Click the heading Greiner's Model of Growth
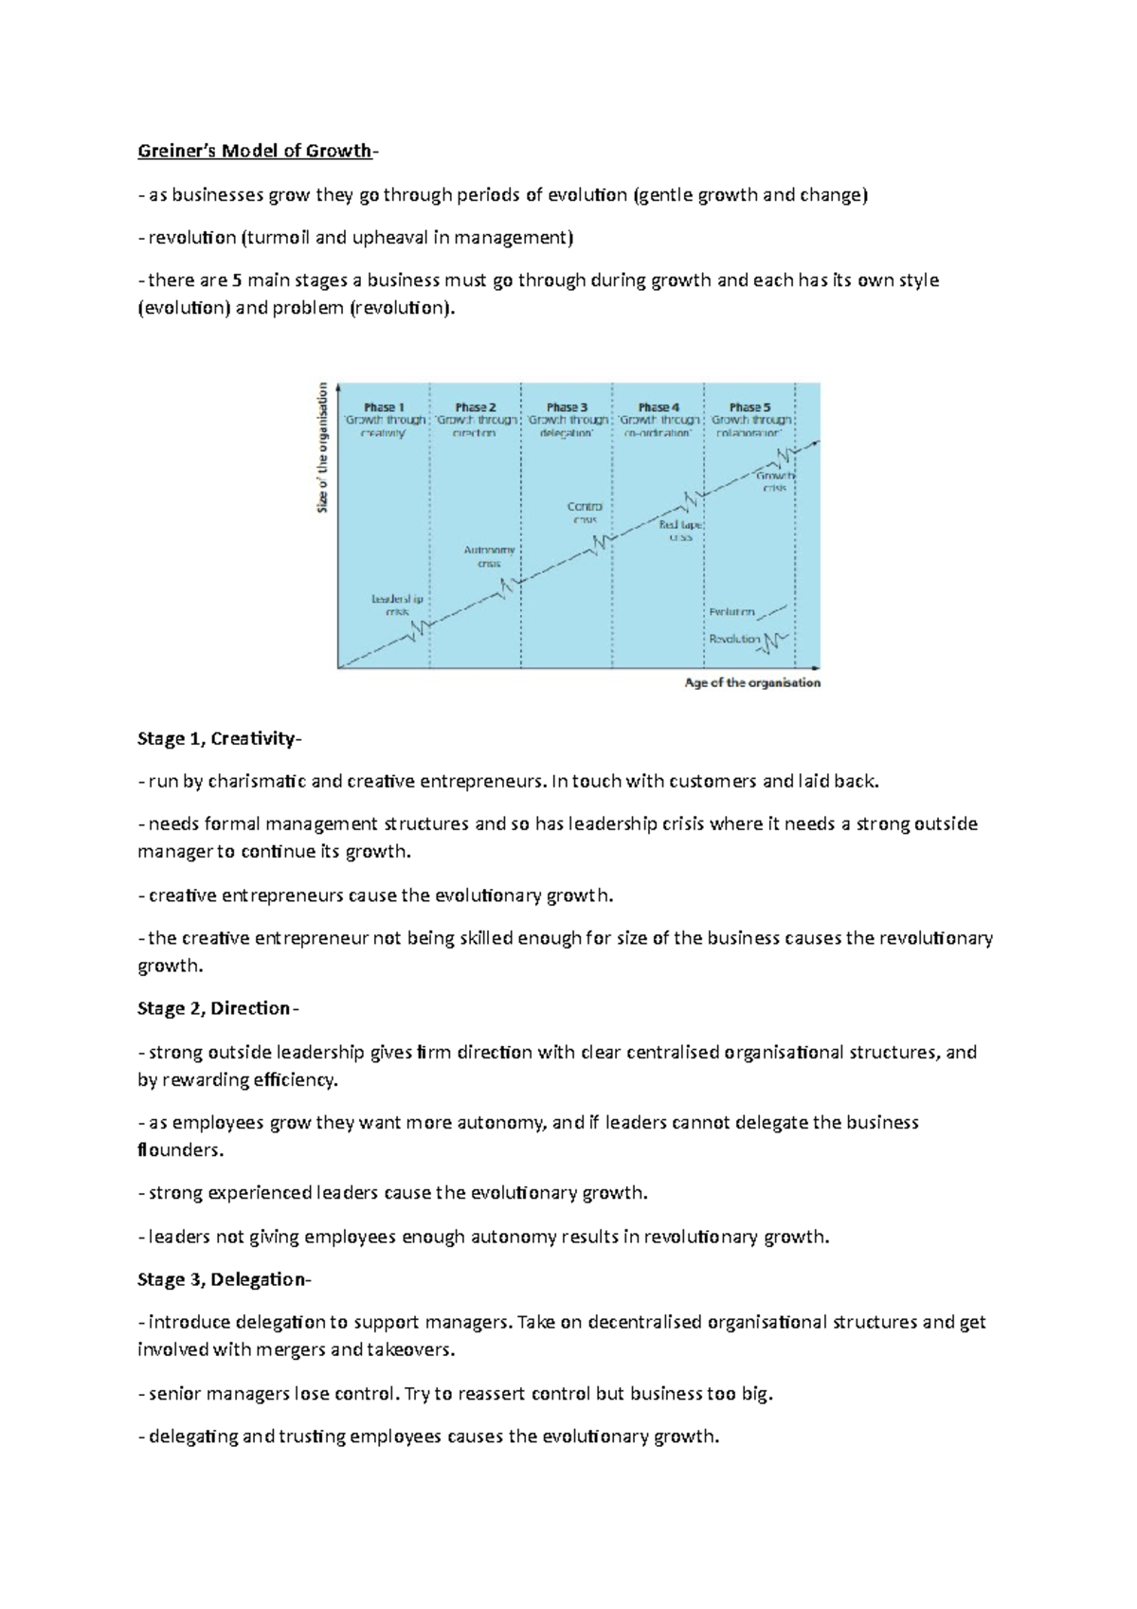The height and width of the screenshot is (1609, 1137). point(256,151)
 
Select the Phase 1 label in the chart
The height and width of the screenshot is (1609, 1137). point(384,407)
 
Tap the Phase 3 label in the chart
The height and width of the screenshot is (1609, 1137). point(567,407)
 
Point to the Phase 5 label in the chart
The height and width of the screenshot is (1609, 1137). point(749,407)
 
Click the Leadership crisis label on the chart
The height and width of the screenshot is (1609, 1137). point(397,606)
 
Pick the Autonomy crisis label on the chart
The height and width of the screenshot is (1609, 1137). point(489,556)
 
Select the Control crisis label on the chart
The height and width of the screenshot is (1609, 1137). point(585,513)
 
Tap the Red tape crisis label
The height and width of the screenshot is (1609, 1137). point(680,530)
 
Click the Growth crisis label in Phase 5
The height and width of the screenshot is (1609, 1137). point(775,482)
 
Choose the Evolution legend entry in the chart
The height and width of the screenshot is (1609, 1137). point(732,612)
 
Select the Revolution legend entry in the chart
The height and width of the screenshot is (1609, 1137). point(735,639)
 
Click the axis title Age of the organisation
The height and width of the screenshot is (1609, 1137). point(752,682)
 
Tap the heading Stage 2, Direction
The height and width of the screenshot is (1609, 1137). point(217,1008)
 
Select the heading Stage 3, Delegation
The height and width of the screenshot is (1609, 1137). point(223,1279)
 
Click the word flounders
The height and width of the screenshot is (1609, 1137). point(180,1150)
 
